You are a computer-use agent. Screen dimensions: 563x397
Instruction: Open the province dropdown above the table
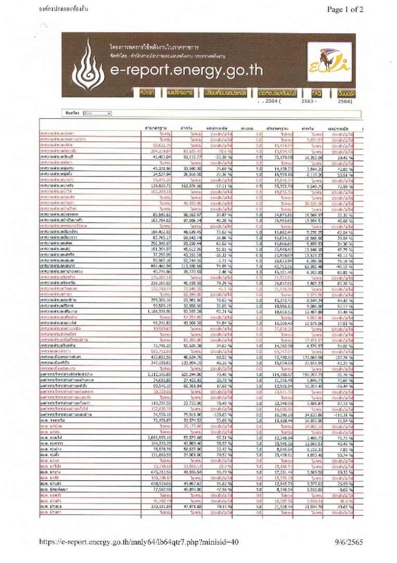pos(97,113)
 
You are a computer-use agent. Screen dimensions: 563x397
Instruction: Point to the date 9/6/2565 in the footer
pos(350,543)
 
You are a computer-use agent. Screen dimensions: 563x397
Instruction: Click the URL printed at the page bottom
pos(139,543)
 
